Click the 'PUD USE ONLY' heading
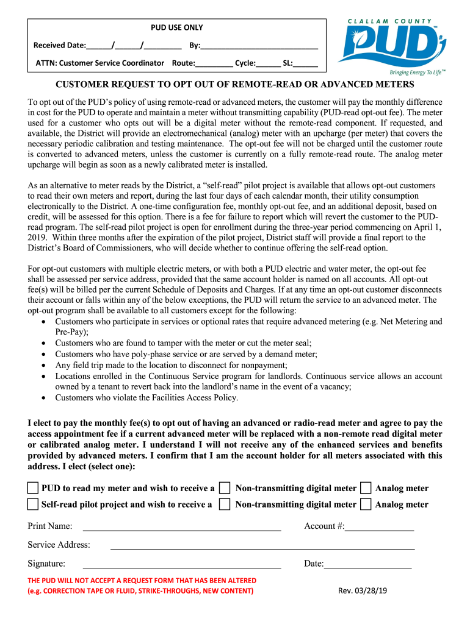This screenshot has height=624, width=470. coord(177,27)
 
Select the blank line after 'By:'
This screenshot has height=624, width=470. coord(259,46)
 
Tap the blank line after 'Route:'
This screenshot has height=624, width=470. coord(214,63)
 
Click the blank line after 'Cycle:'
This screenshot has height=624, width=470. coord(268,63)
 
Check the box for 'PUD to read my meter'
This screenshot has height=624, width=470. coord(33,488)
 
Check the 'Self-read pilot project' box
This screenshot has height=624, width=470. coord(33,504)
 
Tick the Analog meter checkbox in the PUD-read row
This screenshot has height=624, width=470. coord(366,488)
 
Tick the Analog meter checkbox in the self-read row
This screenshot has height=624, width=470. coord(366,504)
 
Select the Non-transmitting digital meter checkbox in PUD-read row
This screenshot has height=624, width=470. coord(225,488)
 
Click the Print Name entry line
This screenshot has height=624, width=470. coord(181,527)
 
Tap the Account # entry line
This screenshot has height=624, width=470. coord(379,527)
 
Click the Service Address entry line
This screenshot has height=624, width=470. coord(262,546)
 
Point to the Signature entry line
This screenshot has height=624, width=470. coord(181,565)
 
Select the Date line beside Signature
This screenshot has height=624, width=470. coord(367,565)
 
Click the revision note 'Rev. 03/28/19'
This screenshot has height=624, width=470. coord(363,590)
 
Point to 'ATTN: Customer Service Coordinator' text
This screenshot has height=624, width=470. coord(99,63)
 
